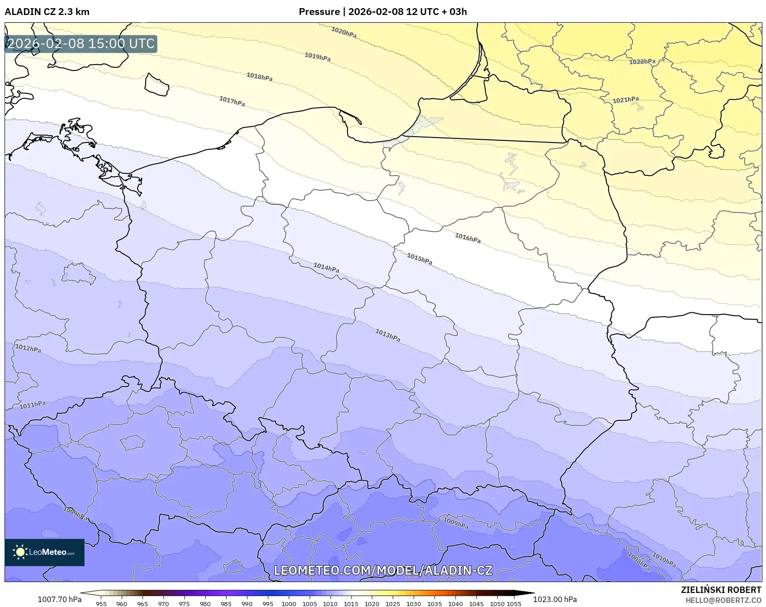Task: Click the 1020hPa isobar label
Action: pos(344,33)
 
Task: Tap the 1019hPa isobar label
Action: pos(317,57)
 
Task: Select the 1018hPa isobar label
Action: pos(259,77)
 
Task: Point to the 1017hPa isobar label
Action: pos(232,101)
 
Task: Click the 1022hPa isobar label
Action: pos(642,61)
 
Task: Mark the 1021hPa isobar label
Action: pos(626,100)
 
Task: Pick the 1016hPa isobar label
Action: pos(468,238)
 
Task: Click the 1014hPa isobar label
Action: pos(326,267)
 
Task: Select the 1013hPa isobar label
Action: pos(388,336)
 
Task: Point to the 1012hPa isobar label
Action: pos(28,348)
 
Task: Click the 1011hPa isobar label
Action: pos(33,405)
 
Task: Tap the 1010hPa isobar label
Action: pos(664,559)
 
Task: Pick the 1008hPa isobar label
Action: pos(638,561)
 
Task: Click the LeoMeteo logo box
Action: pos(44,552)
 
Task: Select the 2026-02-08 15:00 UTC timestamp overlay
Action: pos(81,44)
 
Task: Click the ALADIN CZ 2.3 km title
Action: pos(47,12)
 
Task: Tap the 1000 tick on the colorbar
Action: pos(289,604)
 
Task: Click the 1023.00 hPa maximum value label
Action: pos(555,599)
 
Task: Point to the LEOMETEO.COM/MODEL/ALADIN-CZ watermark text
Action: pos(383,570)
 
